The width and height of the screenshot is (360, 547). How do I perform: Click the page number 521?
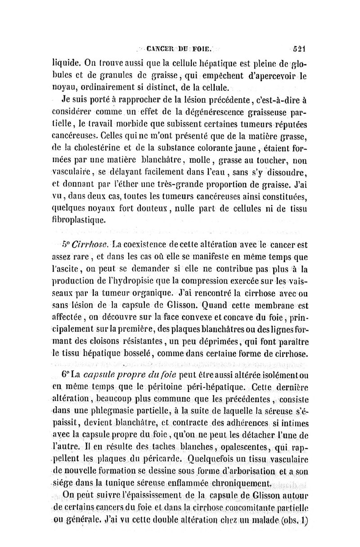pos(299,48)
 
